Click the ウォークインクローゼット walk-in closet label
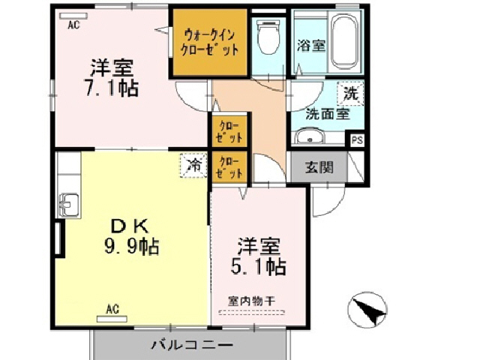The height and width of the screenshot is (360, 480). (x=210, y=42)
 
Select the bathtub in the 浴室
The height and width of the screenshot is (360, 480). (x=346, y=39)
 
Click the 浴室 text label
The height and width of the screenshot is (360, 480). (x=311, y=45)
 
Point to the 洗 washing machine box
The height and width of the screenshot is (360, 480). (x=350, y=94)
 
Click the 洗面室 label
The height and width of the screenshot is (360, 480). (x=326, y=115)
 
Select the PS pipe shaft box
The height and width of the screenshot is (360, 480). (x=356, y=139)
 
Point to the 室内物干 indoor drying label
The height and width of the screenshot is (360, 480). (x=253, y=301)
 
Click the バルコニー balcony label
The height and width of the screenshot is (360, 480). (x=191, y=345)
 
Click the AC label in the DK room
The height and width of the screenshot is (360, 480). (x=112, y=308)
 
